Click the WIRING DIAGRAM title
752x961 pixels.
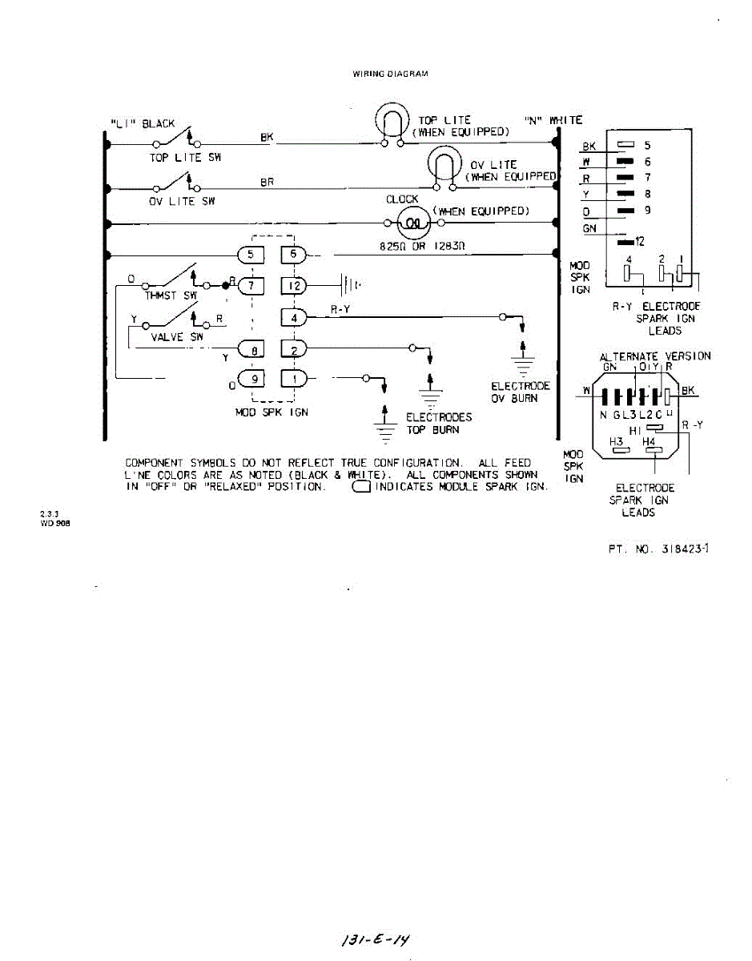coord(390,74)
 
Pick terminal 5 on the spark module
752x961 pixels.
coord(251,255)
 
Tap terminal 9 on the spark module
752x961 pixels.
coord(251,379)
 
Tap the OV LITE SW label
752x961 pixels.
coord(182,201)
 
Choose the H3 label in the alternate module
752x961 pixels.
coord(617,442)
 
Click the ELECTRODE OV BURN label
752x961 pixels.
coord(521,392)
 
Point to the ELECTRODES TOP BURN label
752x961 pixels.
coord(439,423)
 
